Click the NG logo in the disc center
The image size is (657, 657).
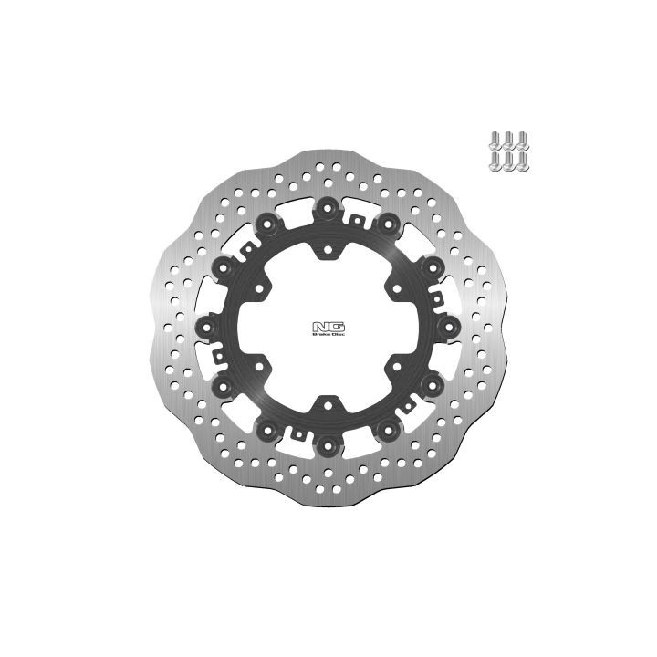[328, 326]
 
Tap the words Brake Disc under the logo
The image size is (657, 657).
[328, 334]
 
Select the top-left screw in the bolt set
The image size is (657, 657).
[495, 141]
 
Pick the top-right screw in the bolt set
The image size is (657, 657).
[522, 141]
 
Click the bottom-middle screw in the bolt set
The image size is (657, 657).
[508, 162]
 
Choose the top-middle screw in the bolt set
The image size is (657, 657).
[508, 141]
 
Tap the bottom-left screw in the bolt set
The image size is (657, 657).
[495, 162]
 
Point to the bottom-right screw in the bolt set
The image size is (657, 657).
[522, 162]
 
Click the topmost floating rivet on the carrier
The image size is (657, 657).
[328, 208]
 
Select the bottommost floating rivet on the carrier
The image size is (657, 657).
[328, 445]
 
